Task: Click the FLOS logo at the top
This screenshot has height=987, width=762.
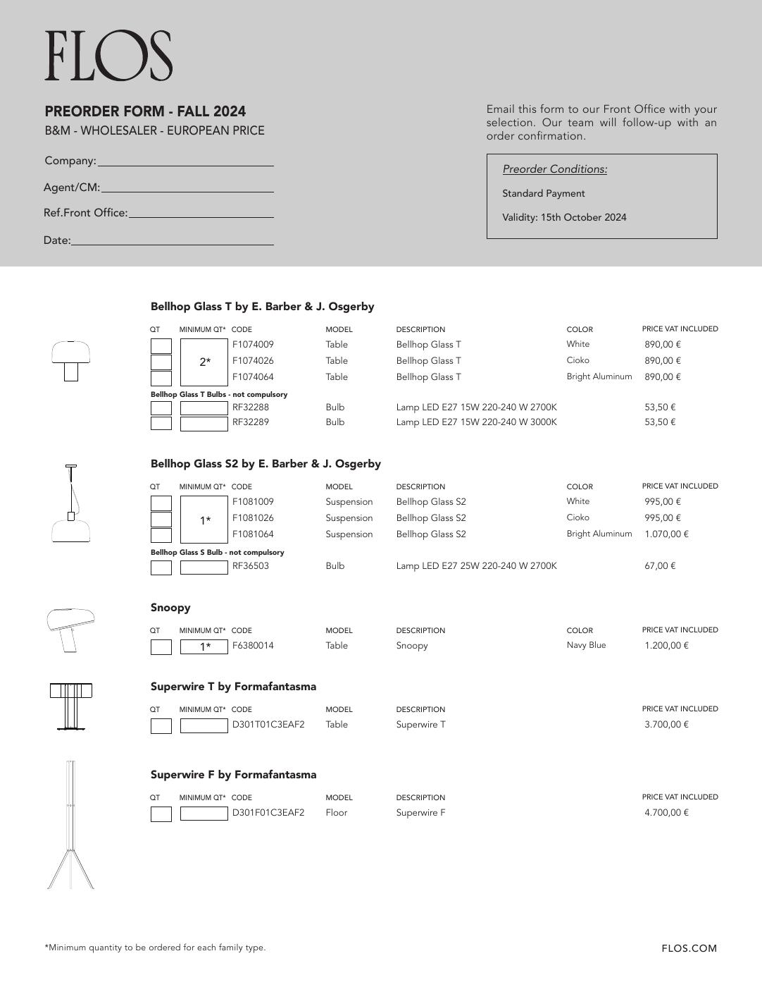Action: pos(108,56)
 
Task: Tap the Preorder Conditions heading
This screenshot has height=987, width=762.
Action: pos(554,169)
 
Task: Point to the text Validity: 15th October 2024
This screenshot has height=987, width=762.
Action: pos(563,217)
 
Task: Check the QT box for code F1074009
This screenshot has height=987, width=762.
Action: pos(161,346)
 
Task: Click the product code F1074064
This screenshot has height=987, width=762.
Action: pos(253,377)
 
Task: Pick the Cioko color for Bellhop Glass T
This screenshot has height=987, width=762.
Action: pos(578,360)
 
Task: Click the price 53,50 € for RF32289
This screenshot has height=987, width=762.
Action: pos(660,422)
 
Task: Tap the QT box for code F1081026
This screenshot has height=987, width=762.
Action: pos(161,520)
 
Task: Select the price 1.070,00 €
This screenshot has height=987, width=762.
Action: pos(666,534)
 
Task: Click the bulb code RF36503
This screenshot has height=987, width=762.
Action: pos(251,565)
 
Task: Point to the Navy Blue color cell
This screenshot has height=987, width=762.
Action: pos(586,645)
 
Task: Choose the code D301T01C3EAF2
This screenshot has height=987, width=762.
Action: pos(268,724)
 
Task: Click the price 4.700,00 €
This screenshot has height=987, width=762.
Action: pos(666,812)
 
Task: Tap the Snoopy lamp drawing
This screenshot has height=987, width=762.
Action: pos(71,629)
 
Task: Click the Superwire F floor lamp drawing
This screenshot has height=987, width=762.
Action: pos(70,825)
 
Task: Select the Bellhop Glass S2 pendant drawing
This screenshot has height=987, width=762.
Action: pos(70,503)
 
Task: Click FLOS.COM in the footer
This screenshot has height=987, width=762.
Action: pos(689,948)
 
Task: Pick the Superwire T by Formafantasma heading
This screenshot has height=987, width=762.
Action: pos(233,687)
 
